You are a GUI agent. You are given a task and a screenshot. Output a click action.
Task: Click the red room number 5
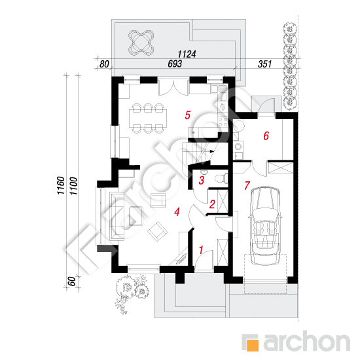click(x=188, y=115)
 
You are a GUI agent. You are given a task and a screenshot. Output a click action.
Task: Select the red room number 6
click(x=266, y=136)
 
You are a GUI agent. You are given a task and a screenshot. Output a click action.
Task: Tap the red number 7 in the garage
click(x=247, y=185)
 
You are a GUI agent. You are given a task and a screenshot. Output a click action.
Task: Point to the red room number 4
click(x=177, y=211)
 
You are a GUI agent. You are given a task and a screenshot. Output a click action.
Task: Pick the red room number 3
click(x=202, y=180)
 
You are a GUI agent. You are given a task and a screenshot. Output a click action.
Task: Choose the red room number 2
click(x=212, y=204)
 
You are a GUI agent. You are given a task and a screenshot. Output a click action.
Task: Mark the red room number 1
click(x=201, y=250)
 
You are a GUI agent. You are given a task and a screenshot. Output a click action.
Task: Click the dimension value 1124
click(x=187, y=54)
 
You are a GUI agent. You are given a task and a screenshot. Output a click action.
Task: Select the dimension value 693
click(x=175, y=64)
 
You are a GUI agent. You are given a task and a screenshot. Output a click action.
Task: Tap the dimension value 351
click(x=264, y=64)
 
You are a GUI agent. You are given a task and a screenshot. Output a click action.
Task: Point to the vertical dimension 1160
click(x=61, y=185)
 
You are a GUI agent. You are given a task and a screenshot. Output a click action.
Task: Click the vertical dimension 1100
click(x=74, y=186)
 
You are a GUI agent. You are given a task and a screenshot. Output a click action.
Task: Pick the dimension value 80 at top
click(x=104, y=64)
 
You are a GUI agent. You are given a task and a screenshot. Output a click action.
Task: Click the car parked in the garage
click(x=265, y=226)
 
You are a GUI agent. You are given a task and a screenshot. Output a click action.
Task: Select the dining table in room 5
click(x=148, y=118)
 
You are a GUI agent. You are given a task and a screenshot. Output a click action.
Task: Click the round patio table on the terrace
click(x=141, y=42)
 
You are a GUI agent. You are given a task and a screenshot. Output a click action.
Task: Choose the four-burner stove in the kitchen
click(x=223, y=122)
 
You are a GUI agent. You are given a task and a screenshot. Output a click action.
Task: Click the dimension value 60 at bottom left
click(x=72, y=281)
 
